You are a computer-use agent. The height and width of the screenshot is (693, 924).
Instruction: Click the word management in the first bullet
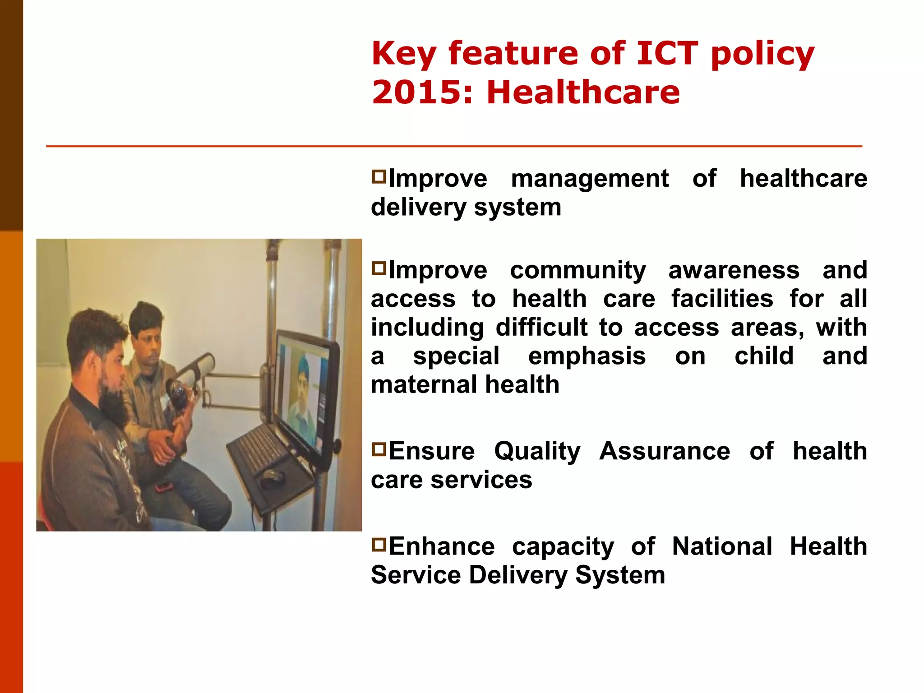coord(589,179)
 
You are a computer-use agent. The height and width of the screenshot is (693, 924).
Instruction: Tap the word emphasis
coord(587,356)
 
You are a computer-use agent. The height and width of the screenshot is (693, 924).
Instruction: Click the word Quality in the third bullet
coord(537,452)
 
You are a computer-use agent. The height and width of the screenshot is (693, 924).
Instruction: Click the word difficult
coord(541,327)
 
